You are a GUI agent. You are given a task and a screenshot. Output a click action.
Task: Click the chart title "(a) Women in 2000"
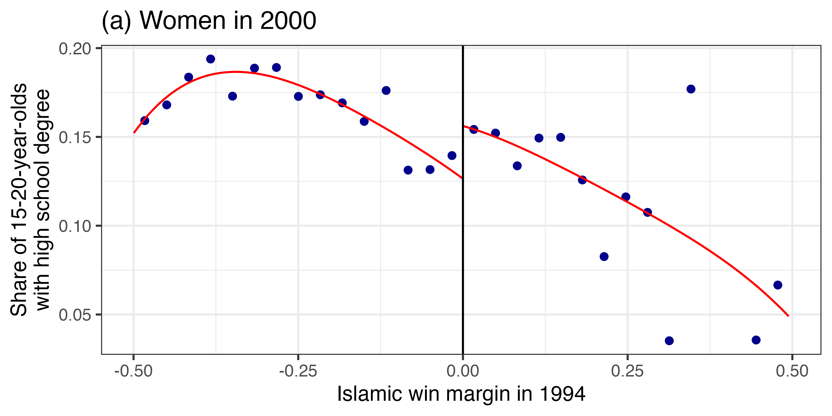209,21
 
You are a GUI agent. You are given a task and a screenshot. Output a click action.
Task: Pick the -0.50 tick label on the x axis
133,371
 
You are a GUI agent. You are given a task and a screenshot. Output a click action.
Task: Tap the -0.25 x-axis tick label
298,371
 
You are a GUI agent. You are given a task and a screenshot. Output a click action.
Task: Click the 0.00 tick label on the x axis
463,371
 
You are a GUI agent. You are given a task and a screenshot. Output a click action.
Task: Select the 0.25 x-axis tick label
627,371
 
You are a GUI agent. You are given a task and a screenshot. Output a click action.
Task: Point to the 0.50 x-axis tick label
792,371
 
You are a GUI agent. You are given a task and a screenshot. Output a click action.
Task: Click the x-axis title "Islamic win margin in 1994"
461,394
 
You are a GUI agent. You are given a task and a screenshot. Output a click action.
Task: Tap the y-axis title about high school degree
31,200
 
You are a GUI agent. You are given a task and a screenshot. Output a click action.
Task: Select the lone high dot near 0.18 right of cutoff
691,89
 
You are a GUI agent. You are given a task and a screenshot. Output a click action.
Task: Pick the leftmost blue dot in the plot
145,121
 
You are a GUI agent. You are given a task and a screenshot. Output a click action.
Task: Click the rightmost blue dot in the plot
778,285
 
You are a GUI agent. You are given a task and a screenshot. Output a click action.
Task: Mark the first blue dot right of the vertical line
474,129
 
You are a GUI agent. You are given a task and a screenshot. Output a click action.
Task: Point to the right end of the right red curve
789,316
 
